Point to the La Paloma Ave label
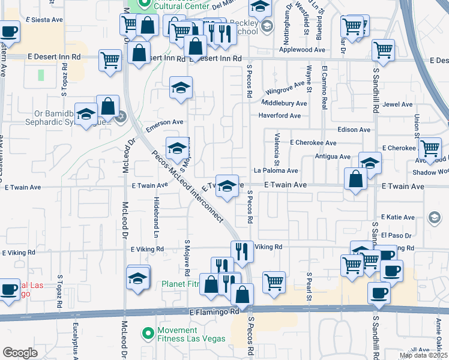(276, 171)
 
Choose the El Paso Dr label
(396, 236)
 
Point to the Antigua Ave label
(332, 157)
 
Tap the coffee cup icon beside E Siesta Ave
(9, 31)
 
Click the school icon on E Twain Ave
(226, 186)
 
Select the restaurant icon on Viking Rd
(242, 251)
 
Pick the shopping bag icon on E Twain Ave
(356, 179)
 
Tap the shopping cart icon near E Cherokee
(430, 148)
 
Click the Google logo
(20, 353)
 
